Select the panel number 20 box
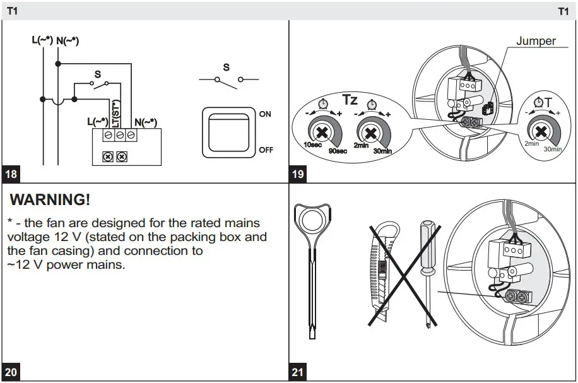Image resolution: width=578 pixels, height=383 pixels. click(x=11, y=372)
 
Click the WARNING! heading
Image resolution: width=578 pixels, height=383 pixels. click(x=50, y=200)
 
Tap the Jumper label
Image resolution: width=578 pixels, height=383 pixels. click(x=536, y=41)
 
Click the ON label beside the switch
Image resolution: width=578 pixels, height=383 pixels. click(x=265, y=114)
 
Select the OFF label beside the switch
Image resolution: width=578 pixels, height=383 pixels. click(x=266, y=150)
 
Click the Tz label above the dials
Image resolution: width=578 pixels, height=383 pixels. click(x=349, y=99)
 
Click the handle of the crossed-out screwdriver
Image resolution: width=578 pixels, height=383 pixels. click(x=427, y=246)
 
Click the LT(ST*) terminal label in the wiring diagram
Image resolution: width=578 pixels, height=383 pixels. click(x=115, y=114)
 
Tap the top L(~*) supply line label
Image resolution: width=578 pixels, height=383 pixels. click(x=43, y=40)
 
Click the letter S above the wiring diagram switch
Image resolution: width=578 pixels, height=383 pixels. click(x=98, y=74)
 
